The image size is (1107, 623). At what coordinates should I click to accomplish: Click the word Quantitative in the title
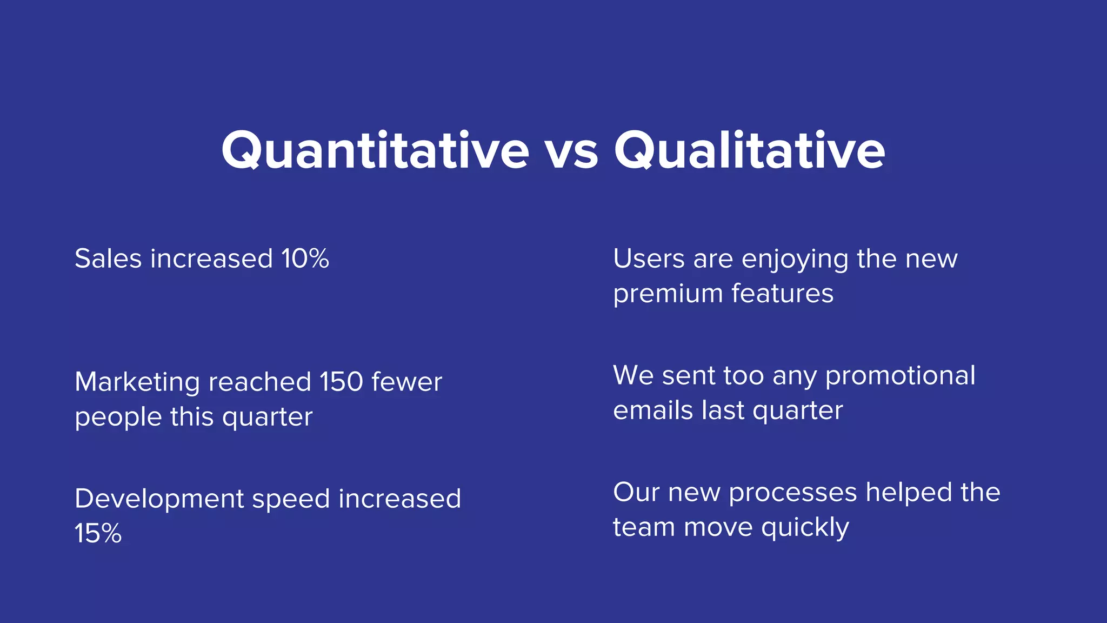[x=375, y=150]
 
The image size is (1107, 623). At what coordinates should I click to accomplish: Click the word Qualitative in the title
[x=749, y=150]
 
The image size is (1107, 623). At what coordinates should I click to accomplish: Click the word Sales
[x=108, y=259]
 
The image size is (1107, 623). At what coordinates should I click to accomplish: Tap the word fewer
[x=406, y=382]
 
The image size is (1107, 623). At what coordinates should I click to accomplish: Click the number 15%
[x=98, y=534]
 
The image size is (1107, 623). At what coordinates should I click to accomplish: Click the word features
[x=782, y=293]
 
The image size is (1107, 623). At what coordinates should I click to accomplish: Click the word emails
[x=653, y=410]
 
